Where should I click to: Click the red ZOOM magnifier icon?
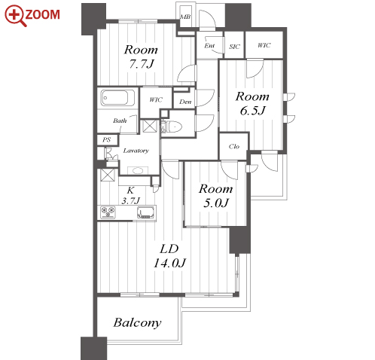pyautogui.click(x=16, y=16)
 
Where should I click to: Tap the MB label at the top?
pyautogui.click(x=185, y=17)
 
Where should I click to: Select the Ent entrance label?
pyautogui.click(x=209, y=46)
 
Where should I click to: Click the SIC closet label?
pyautogui.click(x=234, y=47)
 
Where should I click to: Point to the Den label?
pyautogui.click(x=185, y=102)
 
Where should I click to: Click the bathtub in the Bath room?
pyautogui.click(x=117, y=98)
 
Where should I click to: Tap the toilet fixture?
pyautogui.click(x=173, y=127)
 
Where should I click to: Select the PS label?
pyautogui.click(x=106, y=139)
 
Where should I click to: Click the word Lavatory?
pyautogui.click(x=136, y=151)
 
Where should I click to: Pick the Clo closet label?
pyautogui.click(x=234, y=146)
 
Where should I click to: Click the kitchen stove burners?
pyautogui.click(x=108, y=212)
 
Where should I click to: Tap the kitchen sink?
pyautogui.click(x=145, y=212)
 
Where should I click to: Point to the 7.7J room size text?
pyautogui.click(x=141, y=64)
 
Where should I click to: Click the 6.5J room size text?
pyautogui.click(x=252, y=111)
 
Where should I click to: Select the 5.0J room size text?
pyautogui.click(x=216, y=203)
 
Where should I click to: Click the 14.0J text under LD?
pyautogui.click(x=169, y=263)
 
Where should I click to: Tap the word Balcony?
pyautogui.click(x=137, y=323)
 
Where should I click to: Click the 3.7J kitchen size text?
pyautogui.click(x=130, y=200)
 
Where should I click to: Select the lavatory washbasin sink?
pyautogui.click(x=138, y=171)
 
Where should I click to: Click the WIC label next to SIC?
pyautogui.click(x=264, y=45)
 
